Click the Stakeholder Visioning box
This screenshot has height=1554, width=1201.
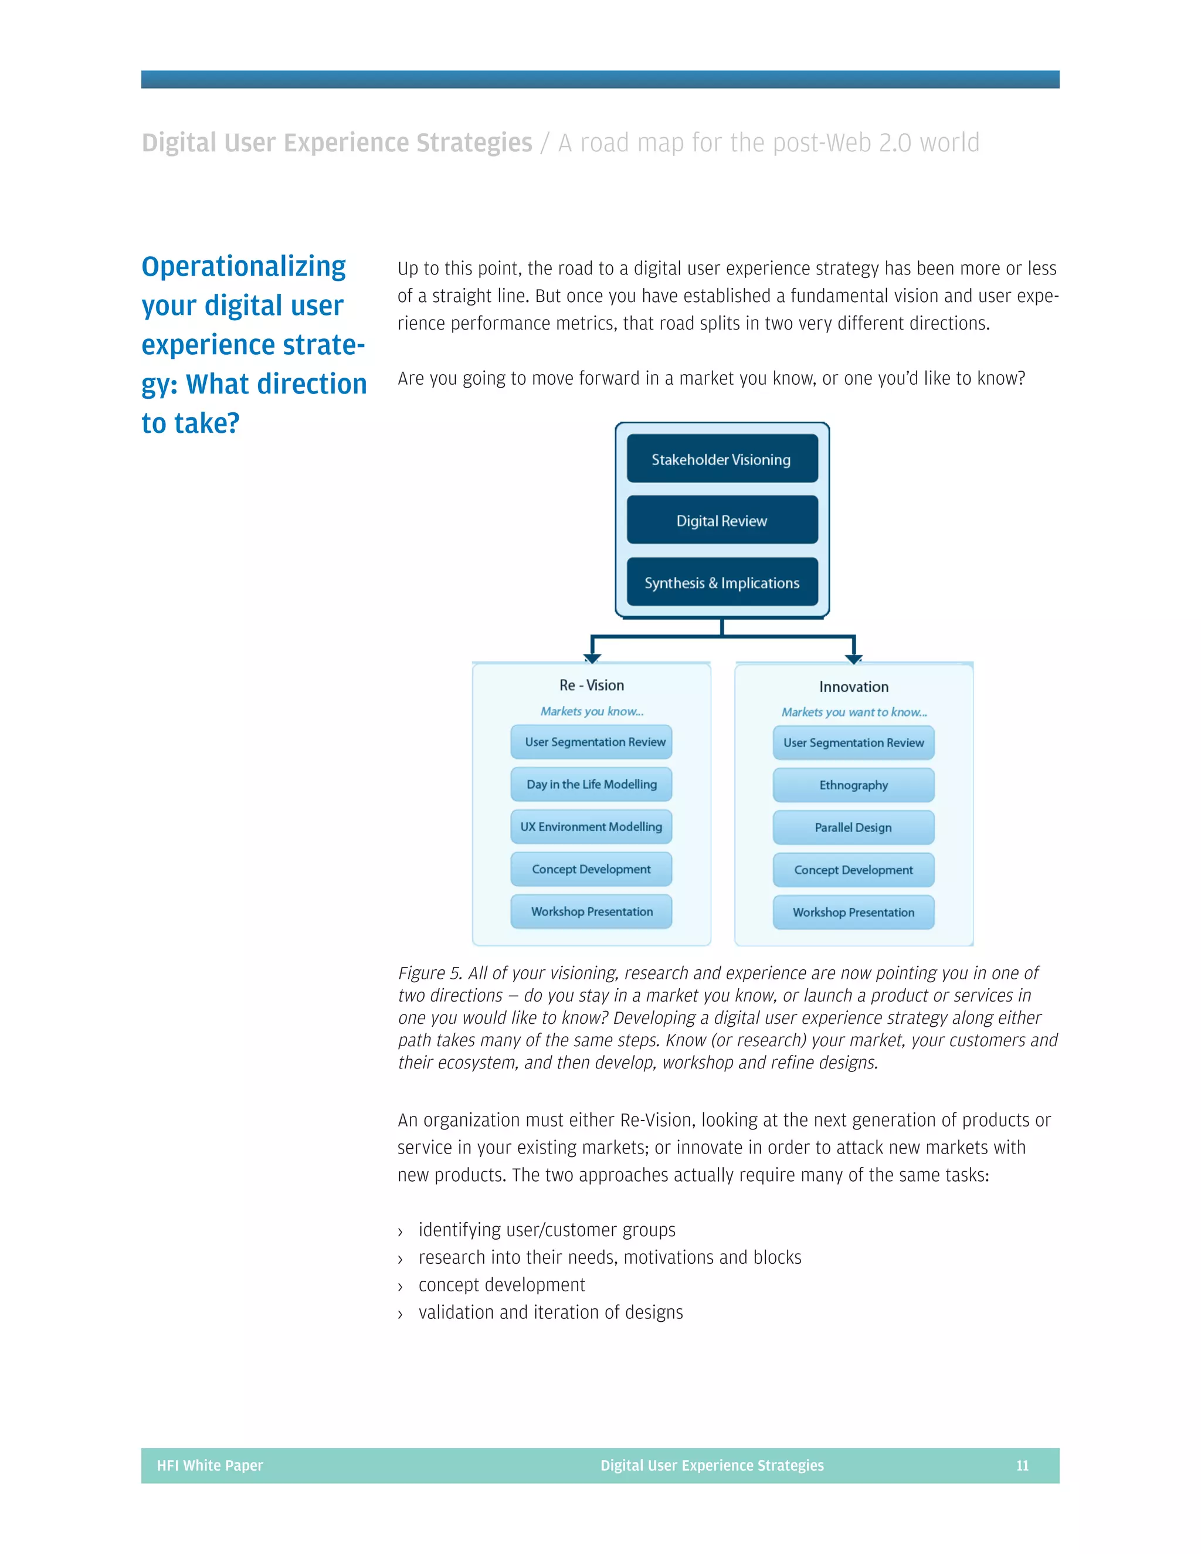coord(721,459)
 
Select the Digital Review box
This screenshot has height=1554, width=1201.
coord(721,520)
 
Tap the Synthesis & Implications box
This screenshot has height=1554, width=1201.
coord(721,582)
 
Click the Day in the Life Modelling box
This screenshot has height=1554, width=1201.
coord(591,784)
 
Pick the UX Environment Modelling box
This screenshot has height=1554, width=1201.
coord(591,827)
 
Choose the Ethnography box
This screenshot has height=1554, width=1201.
coord(853,785)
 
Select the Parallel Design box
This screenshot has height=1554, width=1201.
coord(853,827)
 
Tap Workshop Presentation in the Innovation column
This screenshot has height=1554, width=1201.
coord(853,912)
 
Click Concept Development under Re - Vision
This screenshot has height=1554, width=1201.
coord(591,869)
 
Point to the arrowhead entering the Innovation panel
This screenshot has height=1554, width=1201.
coord(854,659)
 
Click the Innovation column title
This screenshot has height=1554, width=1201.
coord(853,687)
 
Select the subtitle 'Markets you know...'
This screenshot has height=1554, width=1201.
coord(591,711)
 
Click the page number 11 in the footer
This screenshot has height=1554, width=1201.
coord(1022,1465)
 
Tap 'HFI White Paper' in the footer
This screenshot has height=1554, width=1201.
coord(210,1465)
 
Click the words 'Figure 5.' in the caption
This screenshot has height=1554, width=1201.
coord(430,973)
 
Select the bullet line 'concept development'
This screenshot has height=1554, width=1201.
coord(501,1284)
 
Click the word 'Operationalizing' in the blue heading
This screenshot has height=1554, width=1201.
coord(243,266)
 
